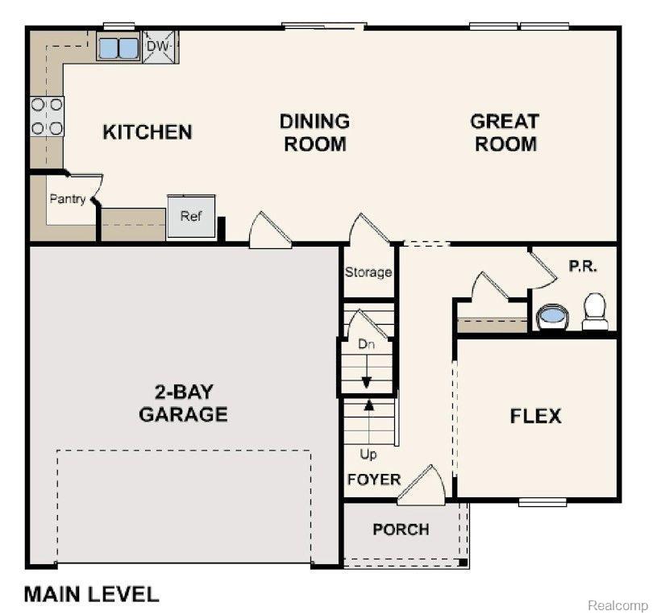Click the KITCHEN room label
(148, 132)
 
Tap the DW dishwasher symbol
(160, 46)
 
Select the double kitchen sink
(119, 48)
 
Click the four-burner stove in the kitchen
(47, 116)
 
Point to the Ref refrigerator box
(191, 217)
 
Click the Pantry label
(68, 199)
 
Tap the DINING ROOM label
(315, 133)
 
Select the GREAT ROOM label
(505, 133)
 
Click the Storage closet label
(368, 272)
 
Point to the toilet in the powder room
(595, 311)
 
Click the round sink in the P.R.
(553, 318)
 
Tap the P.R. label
(583, 266)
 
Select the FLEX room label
(535, 416)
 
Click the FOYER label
(374, 480)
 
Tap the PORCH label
(401, 530)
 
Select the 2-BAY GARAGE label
(183, 403)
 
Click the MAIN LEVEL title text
(92, 594)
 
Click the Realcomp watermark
(618, 605)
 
